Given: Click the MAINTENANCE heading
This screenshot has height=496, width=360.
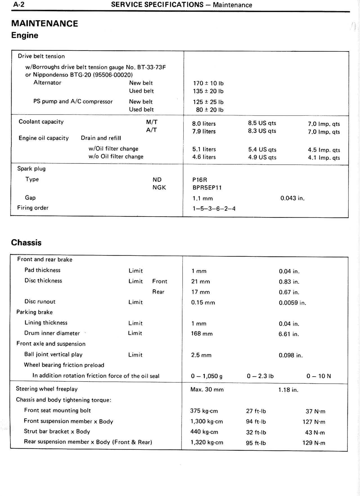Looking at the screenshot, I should (44, 23).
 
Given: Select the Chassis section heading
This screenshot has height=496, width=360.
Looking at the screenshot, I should (26, 243).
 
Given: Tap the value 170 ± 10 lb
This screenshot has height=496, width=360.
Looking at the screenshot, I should (208, 83).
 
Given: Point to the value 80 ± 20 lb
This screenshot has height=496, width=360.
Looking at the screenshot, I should (210, 110).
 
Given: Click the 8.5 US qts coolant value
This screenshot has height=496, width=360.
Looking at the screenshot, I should (262, 123).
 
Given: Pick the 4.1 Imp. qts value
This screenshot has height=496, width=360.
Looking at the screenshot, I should (324, 158).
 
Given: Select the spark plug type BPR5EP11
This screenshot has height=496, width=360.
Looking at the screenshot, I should (207, 188).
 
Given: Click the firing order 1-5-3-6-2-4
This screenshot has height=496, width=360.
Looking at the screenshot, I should (214, 209).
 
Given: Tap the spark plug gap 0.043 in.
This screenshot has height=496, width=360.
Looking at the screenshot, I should (292, 198).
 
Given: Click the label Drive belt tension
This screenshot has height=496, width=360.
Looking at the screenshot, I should (41, 56).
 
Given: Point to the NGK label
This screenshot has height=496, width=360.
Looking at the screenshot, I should (159, 187).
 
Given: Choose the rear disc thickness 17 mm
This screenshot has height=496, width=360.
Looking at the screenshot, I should (201, 292).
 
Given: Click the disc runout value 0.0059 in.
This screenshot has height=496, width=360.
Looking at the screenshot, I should (292, 303).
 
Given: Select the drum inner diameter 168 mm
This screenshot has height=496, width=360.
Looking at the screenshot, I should (202, 334).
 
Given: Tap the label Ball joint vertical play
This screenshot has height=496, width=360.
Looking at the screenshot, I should (53, 355).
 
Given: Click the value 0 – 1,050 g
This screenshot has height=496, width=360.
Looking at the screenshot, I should (206, 376).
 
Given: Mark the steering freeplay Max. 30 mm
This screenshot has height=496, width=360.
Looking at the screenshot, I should (207, 390).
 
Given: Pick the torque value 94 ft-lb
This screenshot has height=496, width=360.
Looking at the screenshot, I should (256, 422).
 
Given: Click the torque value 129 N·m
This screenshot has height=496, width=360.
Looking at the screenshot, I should (314, 443).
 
